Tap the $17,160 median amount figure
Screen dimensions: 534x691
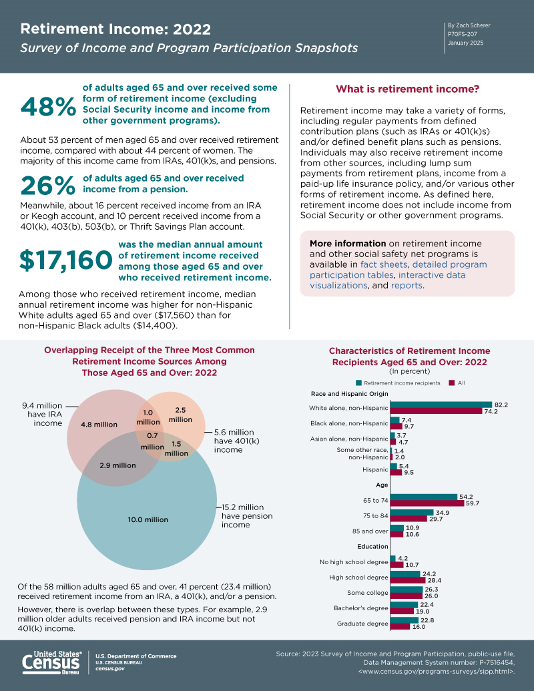[x=65, y=260]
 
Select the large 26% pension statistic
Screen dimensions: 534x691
[x=48, y=186]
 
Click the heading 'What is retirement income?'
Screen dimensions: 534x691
[x=408, y=89]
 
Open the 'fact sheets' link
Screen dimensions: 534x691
[x=384, y=264]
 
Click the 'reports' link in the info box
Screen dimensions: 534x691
[x=407, y=285]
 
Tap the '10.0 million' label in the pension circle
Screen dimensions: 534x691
[x=148, y=519]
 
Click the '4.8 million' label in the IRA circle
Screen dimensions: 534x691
[x=99, y=425]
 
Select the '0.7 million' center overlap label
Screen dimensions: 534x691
[x=152, y=441]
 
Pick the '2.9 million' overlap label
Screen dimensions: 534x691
[x=117, y=465]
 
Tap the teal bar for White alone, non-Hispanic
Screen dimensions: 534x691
[x=441, y=405]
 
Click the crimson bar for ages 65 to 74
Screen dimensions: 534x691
[x=427, y=503]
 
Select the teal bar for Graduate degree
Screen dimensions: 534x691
[x=405, y=620]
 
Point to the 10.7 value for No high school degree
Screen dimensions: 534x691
[x=412, y=565]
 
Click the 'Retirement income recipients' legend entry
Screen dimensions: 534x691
[x=398, y=383]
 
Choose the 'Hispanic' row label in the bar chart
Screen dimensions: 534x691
[x=375, y=470]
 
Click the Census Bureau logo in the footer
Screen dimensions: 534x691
[x=52, y=662]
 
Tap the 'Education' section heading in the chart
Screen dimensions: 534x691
[x=372, y=546]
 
